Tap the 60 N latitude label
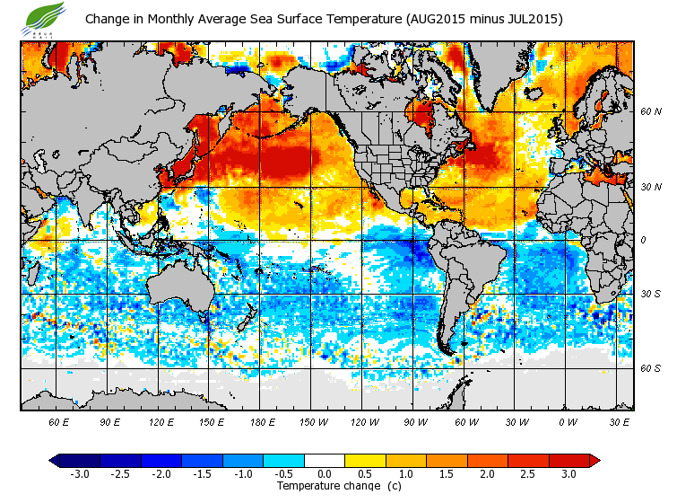[651, 112]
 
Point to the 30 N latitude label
[651, 187]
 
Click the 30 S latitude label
[651, 294]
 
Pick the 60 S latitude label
[651, 368]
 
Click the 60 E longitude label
[59, 421]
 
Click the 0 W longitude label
[568, 421]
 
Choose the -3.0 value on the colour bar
[81, 473]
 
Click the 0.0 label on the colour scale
[325, 473]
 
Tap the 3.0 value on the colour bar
[569, 473]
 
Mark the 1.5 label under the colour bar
[447, 473]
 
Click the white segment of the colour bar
[325, 460]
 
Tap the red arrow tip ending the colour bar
[595, 460]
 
